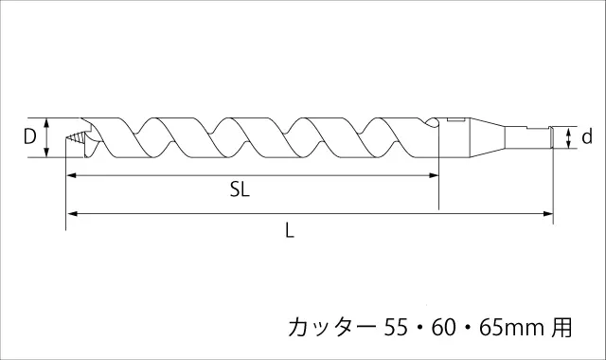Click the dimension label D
pos(29,136)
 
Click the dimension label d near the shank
pos(587,136)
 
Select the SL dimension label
pos(240,189)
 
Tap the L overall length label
pos(290,230)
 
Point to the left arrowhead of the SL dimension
pos(71,175)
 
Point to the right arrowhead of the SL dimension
pos(434,175)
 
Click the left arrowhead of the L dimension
pos(71,213)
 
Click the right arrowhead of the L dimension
pos(548,213)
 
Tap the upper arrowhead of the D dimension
pos(46,122)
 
